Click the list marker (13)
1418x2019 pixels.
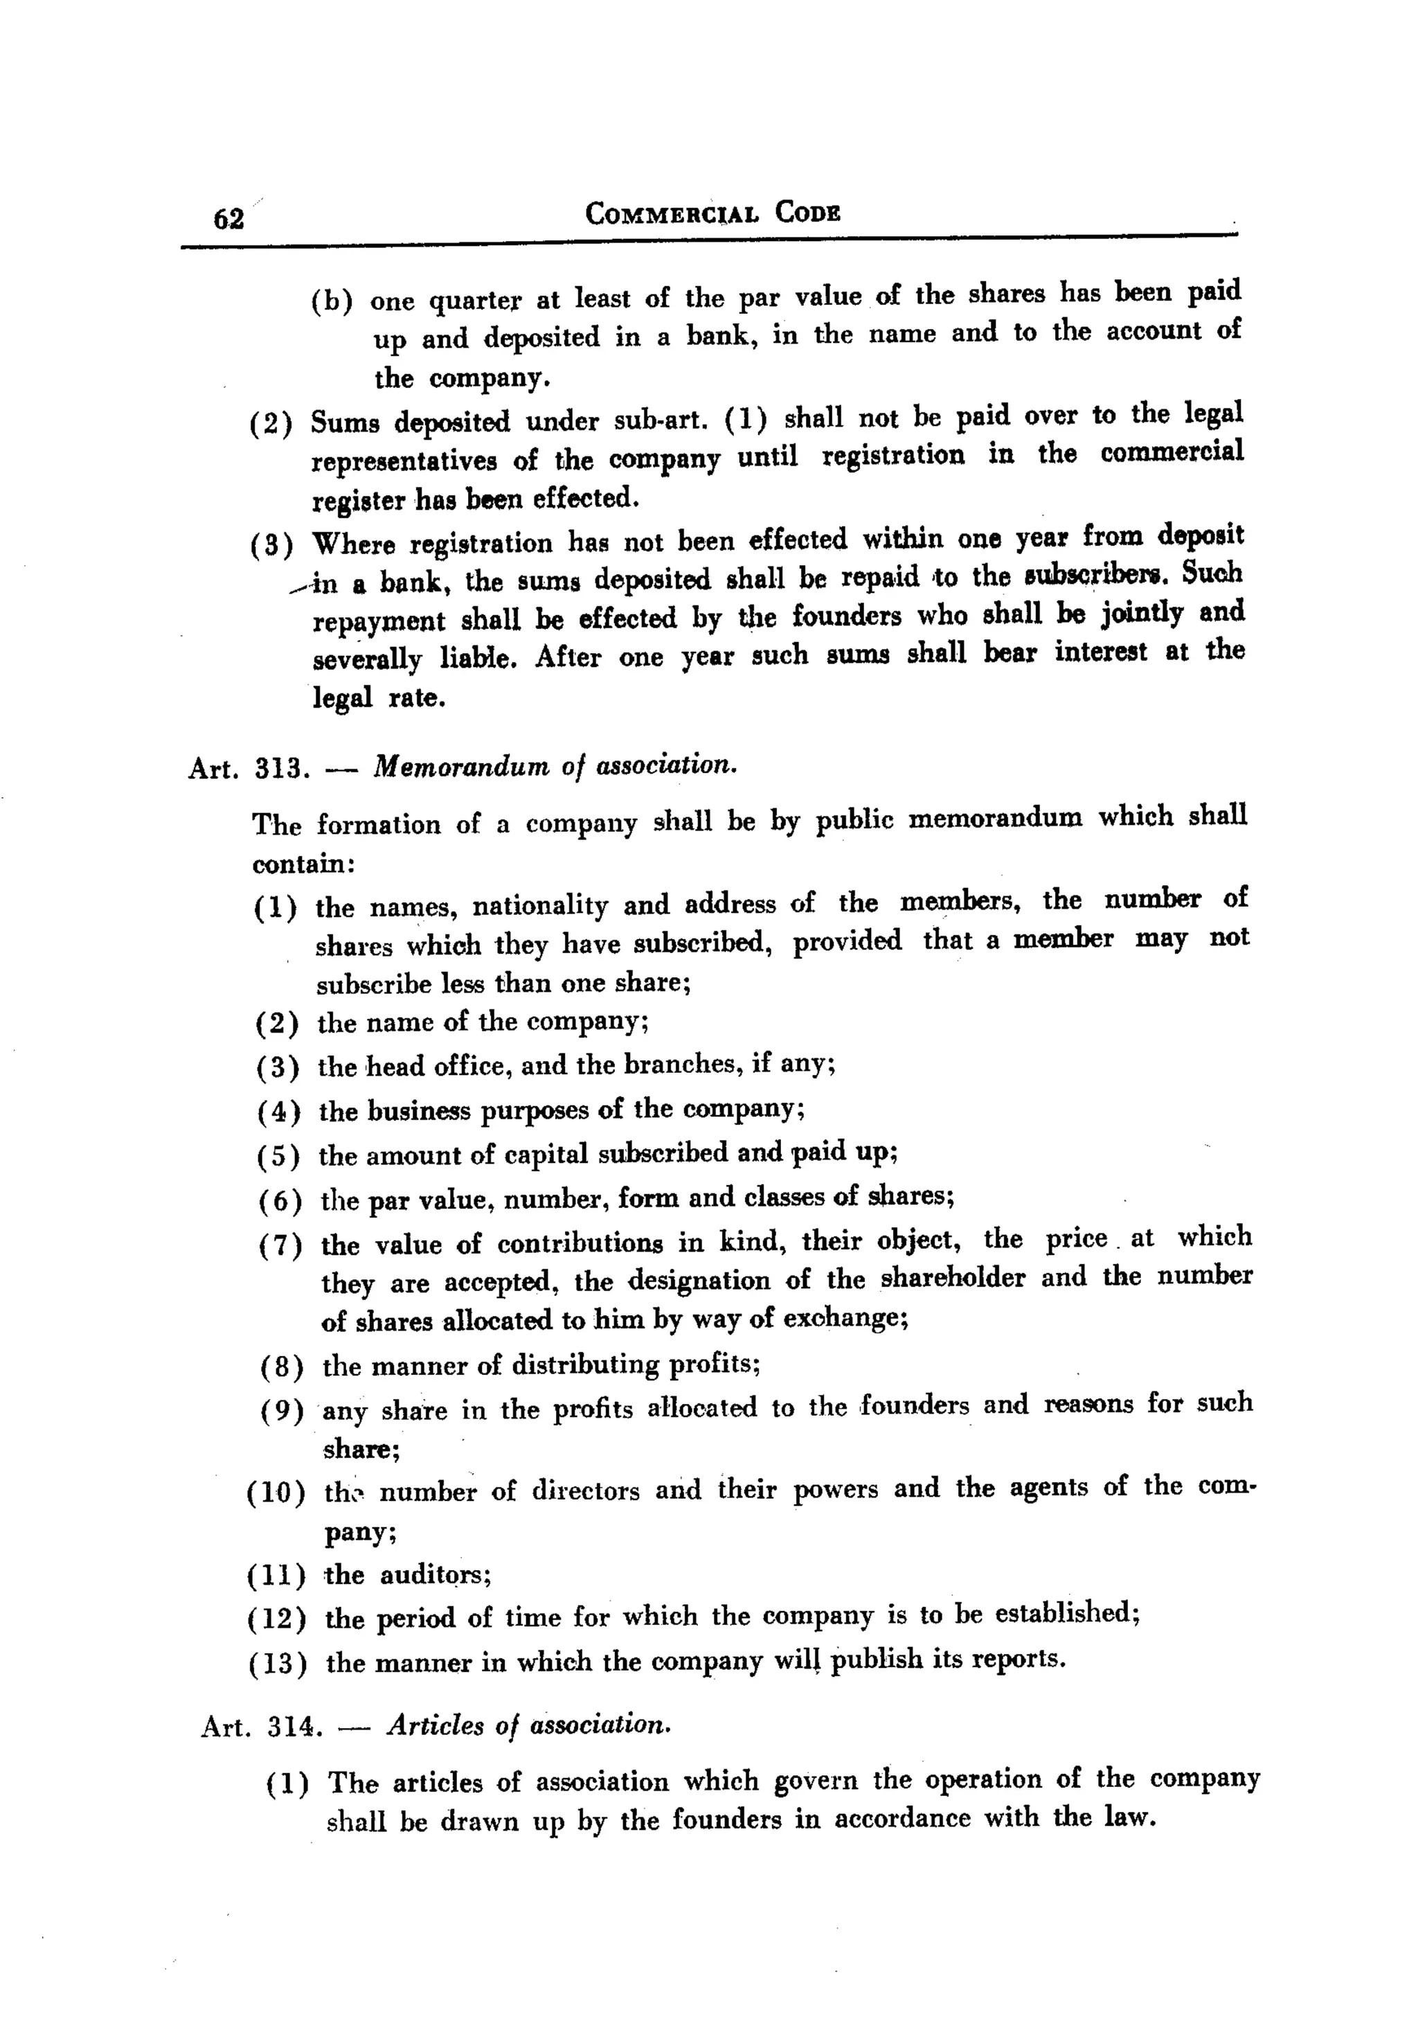point(278,1664)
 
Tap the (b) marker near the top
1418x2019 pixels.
point(332,301)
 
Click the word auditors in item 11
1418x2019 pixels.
point(434,1575)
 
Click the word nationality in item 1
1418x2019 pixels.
point(540,906)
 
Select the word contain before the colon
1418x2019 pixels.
point(299,864)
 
